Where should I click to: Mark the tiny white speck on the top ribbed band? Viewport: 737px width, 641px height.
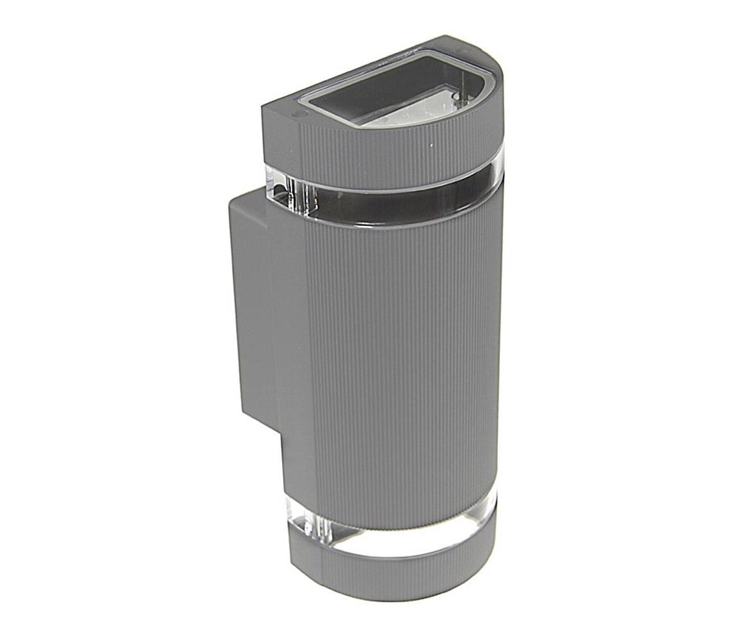click(431, 146)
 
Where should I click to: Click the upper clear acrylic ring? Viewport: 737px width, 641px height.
click(397, 192)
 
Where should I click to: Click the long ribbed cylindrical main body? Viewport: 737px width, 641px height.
click(404, 359)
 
